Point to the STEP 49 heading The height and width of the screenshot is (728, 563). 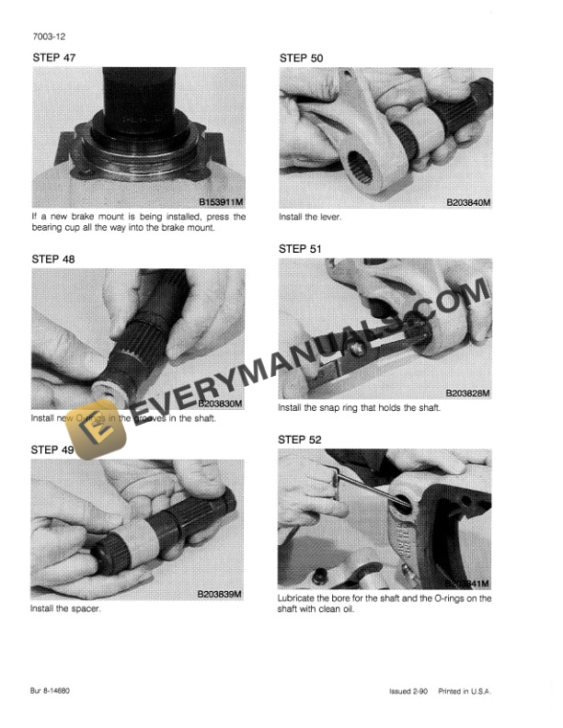point(53,449)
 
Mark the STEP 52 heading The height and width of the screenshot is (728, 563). point(300,440)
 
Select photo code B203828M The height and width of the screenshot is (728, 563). point(467,393)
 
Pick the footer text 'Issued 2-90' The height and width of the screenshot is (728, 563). point(408,691)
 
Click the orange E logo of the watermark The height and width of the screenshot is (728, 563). point(95,427)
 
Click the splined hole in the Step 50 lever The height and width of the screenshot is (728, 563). point(362,172)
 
